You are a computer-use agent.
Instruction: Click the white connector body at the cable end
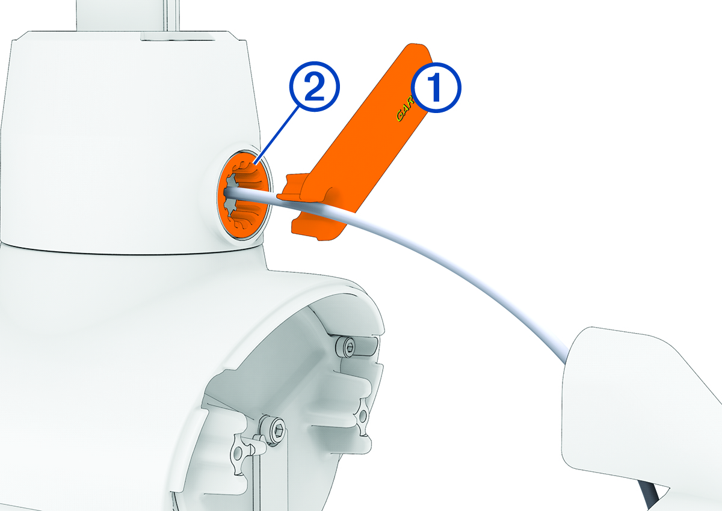click(x=626, y=391)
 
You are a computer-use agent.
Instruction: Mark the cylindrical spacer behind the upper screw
click(x=368, y=347)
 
